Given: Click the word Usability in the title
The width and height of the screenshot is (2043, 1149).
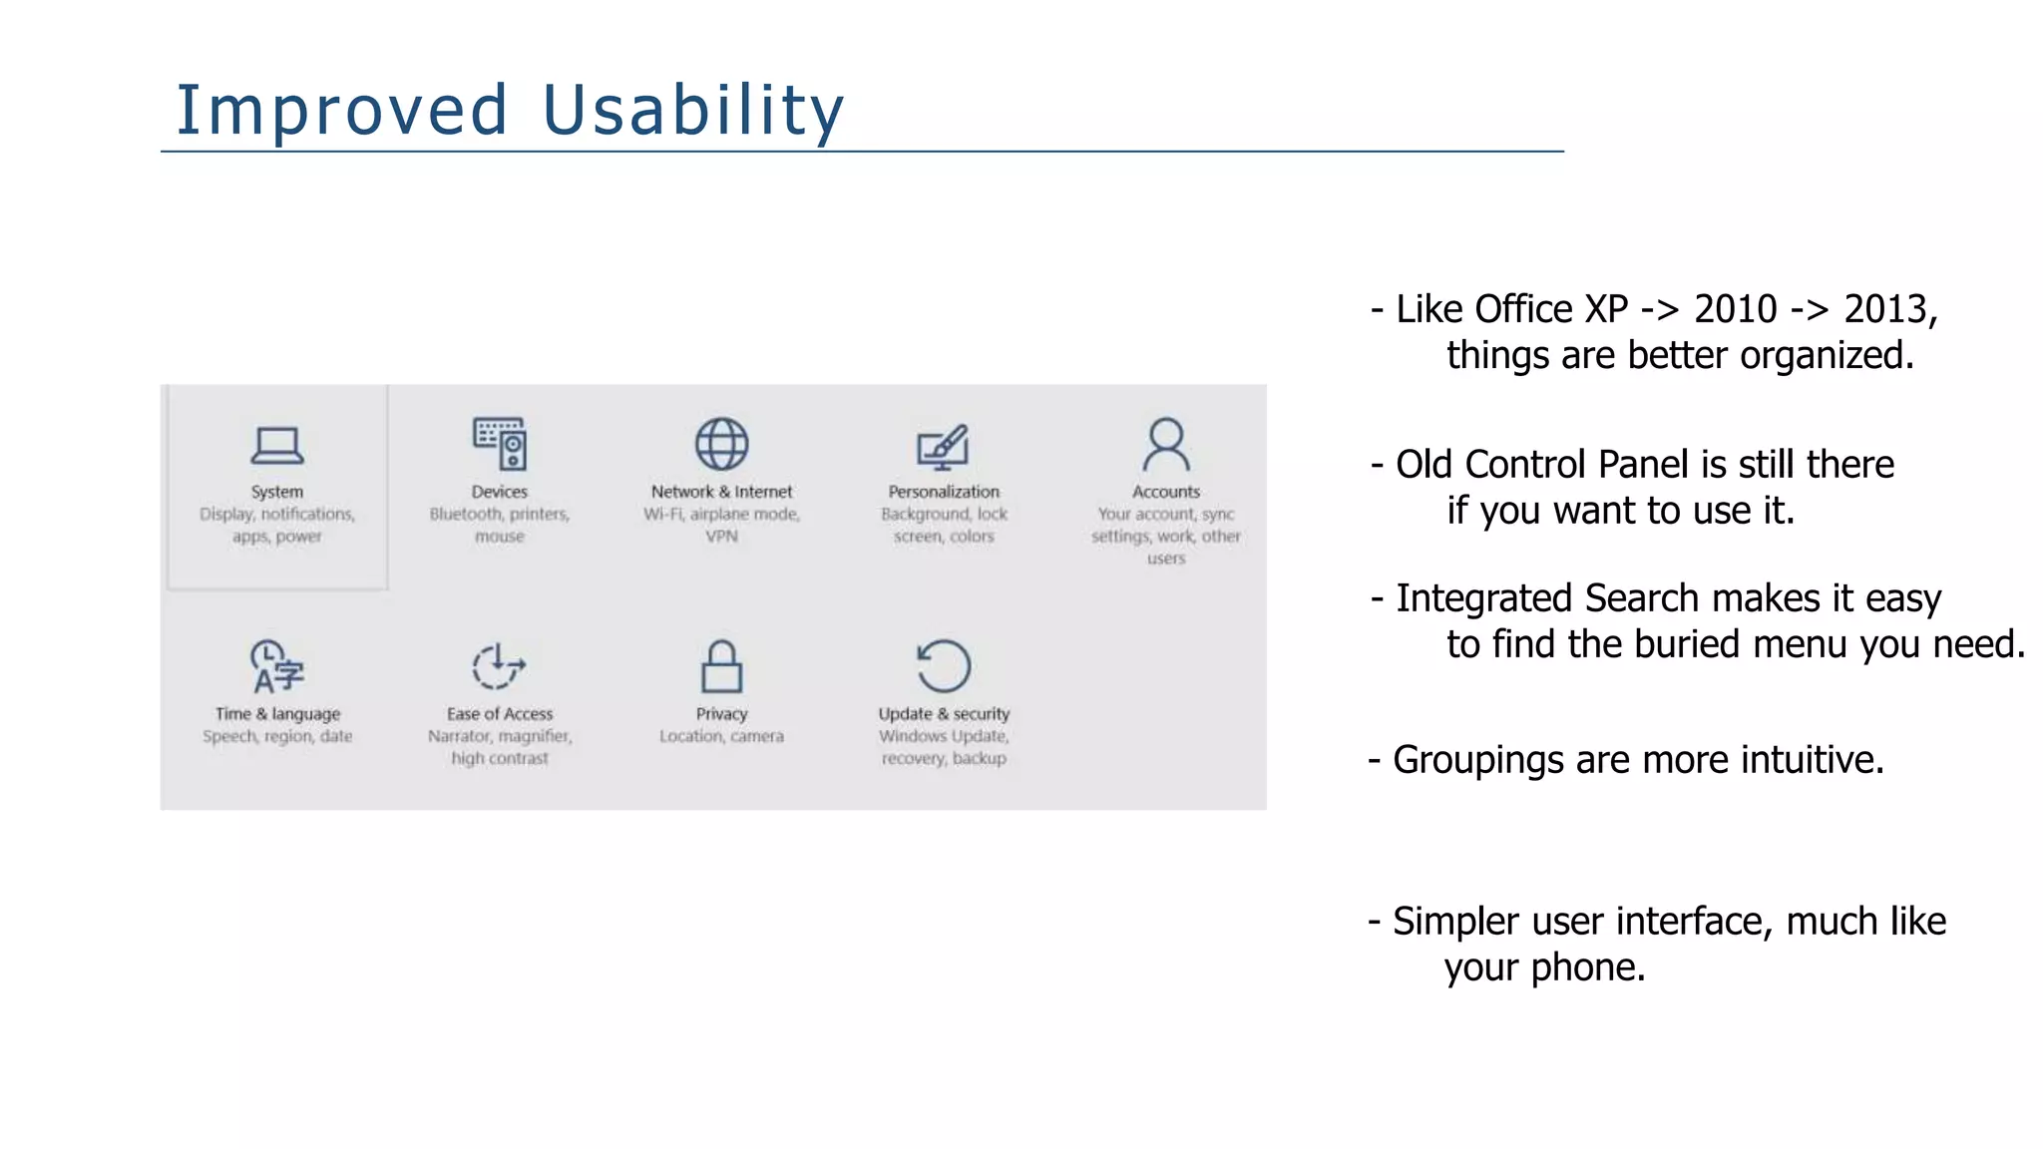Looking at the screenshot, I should pyautogui.click(x=693, y=110).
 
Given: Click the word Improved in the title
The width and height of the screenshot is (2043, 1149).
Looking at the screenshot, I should pyautogui.click(x=342, y=110).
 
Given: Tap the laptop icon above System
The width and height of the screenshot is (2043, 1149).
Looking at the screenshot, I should pyautogui.click(x=277, y=446).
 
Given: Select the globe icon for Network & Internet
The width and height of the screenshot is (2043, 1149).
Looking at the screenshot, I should pyautogui.click(x=721, y=444).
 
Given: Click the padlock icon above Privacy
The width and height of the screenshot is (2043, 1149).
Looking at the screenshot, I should pyautogui.click(x=721, y=666).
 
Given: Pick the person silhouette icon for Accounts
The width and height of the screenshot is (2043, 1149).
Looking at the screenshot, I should pyautogui.click(x=1165, y=444).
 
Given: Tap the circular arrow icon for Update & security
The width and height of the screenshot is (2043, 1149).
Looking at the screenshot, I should pyautogui.click(x=943, y=666).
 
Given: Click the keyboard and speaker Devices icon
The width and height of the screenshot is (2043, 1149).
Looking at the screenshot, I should pyautogui.click(x=500, y=444).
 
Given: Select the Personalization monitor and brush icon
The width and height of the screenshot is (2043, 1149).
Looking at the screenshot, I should pyautogui.click(x=943, y=446).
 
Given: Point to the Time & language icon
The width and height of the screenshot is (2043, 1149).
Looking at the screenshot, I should pyautogui.click(x=276, y=666).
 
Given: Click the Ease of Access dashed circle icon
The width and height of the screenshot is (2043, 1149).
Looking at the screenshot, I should pyautogui.click(x=498, y=666).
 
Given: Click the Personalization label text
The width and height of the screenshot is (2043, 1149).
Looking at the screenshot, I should pyautogui.click(x=944, y=492).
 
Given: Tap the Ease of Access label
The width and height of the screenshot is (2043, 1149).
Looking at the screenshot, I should pyautogui.click(x=500, y=714).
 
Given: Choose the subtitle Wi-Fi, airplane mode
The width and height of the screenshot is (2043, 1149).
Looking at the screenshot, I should pyautogui.click(x=721, y=515).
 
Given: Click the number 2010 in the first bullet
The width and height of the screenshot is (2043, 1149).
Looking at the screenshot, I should pyautogui.click(x=1735, y=309).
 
